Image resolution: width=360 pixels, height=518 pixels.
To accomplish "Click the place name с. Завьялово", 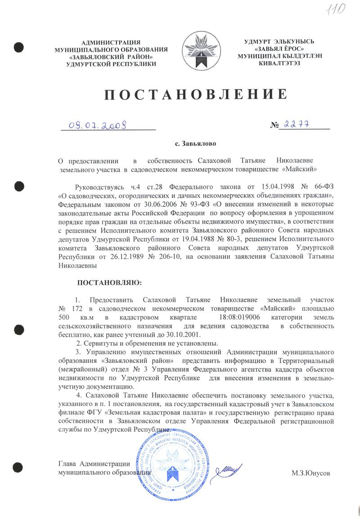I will tap(195, 144).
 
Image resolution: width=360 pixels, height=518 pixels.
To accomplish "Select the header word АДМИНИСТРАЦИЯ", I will tap(111, 42).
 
